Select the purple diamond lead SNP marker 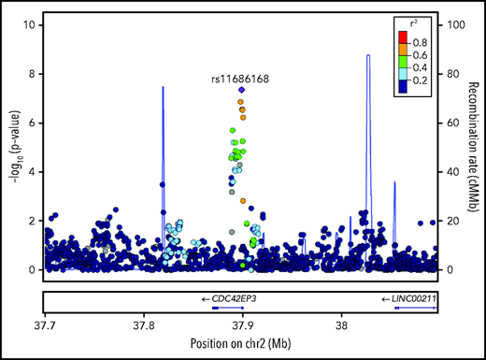point(242,91)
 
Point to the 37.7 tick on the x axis point(44,325)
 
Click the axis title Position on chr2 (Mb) point(241,344)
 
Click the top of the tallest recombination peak point(368,55)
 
